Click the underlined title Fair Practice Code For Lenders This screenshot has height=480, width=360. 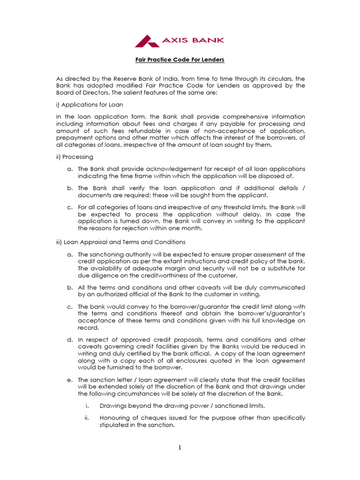click(180, 60)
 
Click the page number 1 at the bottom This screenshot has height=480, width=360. click(180, 448)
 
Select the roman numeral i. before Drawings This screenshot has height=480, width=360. click(87, 405)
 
